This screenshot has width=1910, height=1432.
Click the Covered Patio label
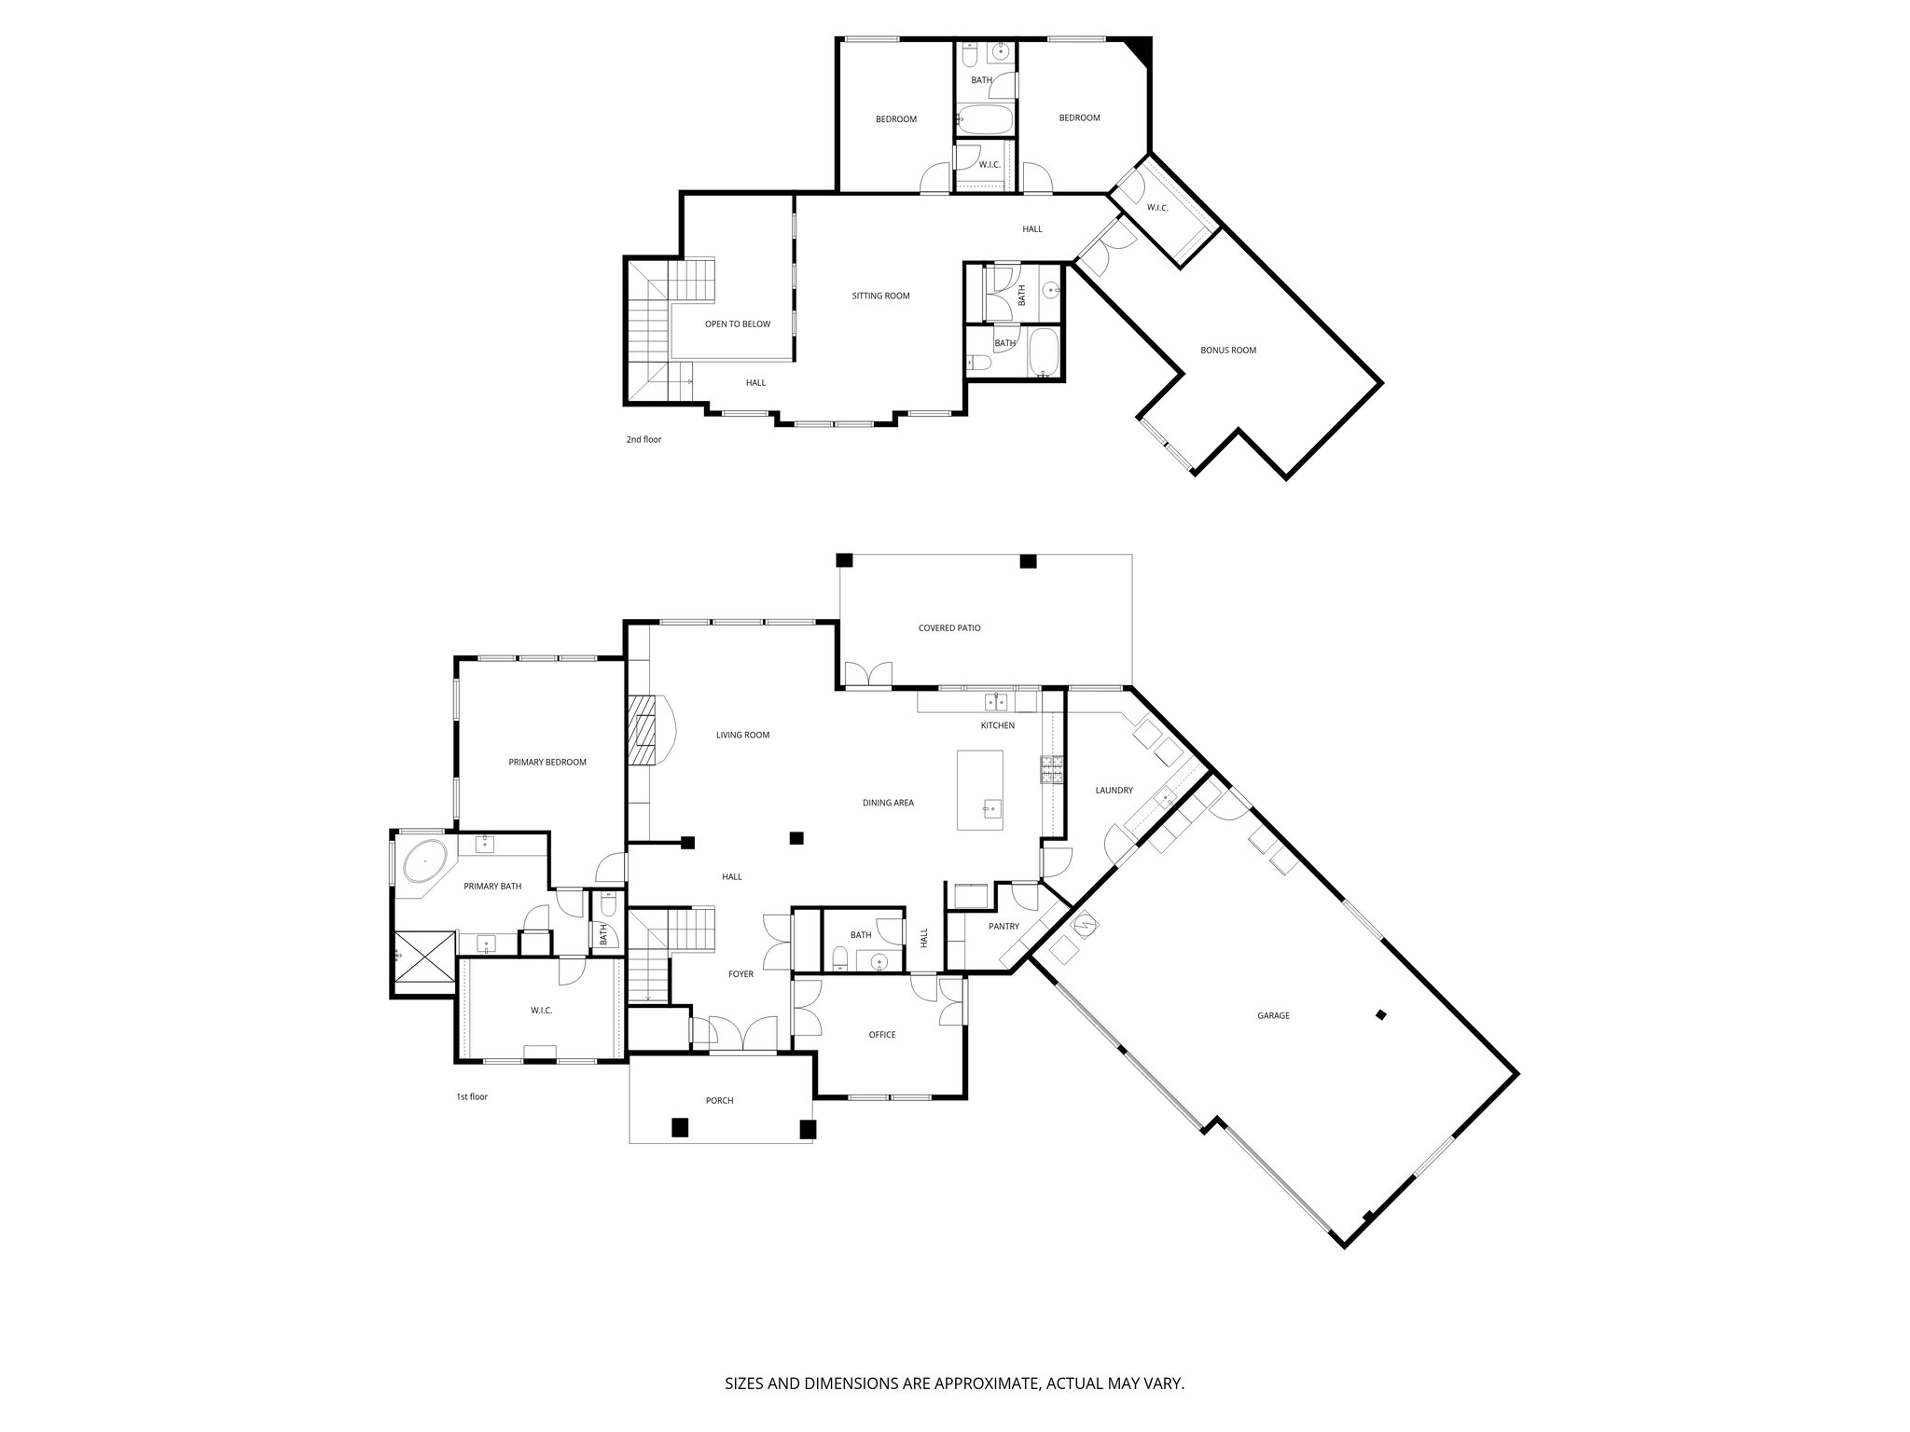coord(948,628)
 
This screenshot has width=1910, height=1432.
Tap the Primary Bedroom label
coord(547,763)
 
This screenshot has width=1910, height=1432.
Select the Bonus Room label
coord(1227,351)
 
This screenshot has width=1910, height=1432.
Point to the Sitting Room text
coord(880,296)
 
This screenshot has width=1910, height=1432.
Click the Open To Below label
coord(737,324)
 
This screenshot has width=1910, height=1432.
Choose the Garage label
coord(1273,1015)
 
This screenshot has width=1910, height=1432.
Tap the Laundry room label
coord(1114,791)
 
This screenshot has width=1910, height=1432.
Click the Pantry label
coord(1003,927)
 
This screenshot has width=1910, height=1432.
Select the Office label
coord(881,1035)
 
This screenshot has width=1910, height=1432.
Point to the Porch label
coord(719,1101)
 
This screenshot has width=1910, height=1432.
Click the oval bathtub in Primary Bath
coord(424,861)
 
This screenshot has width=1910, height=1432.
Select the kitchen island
coord(979,790)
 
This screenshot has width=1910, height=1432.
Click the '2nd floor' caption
coord(644,439)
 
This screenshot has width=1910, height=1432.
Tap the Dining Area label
coord(887,803)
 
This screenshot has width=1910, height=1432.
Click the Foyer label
coord(740,974)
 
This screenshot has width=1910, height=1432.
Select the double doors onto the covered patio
coord(867,674)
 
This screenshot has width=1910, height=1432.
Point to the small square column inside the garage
coord(1381,1015)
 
